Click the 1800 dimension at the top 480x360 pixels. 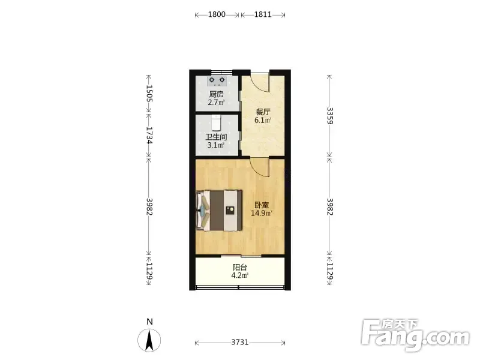[217, 14]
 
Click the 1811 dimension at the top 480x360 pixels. [263, 14]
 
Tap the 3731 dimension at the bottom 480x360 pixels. [240, 342]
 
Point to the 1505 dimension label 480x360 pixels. [149, 93]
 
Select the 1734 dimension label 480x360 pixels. [149, 136]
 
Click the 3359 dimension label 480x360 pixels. [329, 115]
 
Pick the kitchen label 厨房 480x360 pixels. [217, 94]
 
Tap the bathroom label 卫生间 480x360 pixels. [216, 137]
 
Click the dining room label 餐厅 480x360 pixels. [263, 112]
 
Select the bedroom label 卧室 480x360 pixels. [262, 205]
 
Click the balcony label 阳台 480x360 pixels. [240, 267]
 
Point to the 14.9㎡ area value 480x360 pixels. [262, 213]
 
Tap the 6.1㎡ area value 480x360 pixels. [263, 120]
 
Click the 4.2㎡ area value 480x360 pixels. [239, 275]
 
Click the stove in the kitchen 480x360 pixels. [217, 81]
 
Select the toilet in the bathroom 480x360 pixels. [217, 122]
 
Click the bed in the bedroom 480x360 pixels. [219, 211]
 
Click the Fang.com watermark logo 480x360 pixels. [415, 335]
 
